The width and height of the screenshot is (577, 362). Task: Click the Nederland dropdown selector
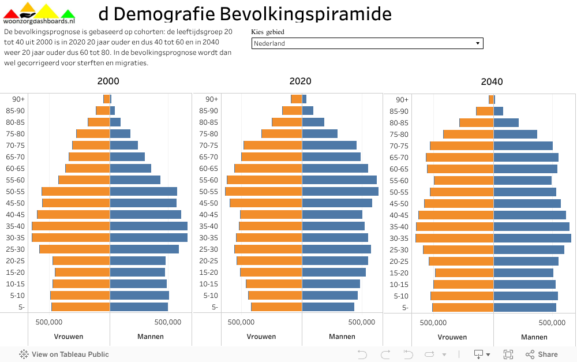point(367,43)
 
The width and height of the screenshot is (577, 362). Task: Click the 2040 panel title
point(492,82)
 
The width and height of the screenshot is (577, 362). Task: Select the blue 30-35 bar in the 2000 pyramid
point(148,237)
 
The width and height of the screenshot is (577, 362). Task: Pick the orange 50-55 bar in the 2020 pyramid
point(264,191)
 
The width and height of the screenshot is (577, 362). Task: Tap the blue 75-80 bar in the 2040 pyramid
point(515,134)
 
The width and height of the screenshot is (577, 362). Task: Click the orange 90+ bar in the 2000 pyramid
point(107,99)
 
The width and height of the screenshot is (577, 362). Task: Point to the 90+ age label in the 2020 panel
point(212,99)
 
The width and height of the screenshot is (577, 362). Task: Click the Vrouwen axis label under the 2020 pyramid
point(261,337)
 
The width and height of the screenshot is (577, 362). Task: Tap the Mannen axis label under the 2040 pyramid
point(534,337)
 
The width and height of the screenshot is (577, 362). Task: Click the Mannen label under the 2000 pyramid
point(150,337)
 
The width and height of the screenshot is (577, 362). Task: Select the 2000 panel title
point(108,81)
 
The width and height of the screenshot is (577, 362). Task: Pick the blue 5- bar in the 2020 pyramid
point(328,307)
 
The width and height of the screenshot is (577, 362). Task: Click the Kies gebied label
point(268,32)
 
